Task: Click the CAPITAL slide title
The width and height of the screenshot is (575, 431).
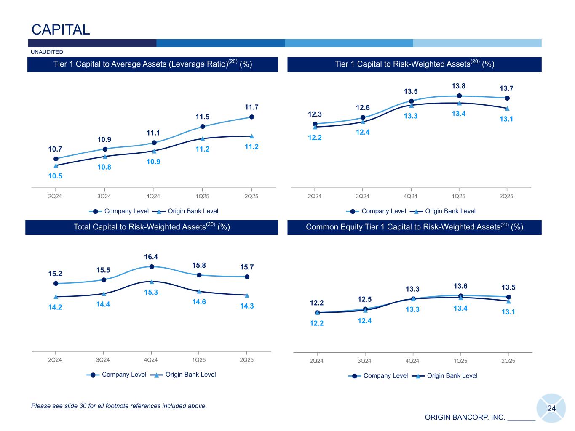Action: (61, 29)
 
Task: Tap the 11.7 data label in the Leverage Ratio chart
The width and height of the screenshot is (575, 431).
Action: (251, 108)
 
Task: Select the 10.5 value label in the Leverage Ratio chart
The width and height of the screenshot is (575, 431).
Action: (55, 176)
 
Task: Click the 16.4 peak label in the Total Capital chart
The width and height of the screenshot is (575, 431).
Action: (151, 257)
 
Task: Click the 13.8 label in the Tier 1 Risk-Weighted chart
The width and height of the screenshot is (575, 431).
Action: (459, 86)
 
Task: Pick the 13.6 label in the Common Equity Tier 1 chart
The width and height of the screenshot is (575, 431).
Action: (460, 286)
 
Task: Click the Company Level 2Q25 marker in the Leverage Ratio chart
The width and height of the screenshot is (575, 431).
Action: (251, 117)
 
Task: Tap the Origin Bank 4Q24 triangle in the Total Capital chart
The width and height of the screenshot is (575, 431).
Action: (152, 282)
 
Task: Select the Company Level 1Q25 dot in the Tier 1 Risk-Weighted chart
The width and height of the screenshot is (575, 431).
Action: (459, 96)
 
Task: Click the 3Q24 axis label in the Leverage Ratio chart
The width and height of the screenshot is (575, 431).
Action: (104, 196)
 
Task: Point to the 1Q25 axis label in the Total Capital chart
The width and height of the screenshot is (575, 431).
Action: (199, 360)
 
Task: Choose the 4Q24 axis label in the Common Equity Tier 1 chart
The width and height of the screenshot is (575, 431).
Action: (412, 361)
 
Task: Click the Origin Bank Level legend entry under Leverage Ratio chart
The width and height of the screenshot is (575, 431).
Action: (193, 211)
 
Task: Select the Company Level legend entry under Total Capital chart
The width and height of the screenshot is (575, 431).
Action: (124, 375)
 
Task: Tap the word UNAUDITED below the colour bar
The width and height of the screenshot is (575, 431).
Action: (47, 52)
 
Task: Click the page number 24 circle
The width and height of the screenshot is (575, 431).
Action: (551, 408)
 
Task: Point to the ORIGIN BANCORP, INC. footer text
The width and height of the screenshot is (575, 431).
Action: (465, 418)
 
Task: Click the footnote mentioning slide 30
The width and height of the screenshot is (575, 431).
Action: (119, 406)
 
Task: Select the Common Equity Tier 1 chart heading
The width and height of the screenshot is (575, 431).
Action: (414, 227)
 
